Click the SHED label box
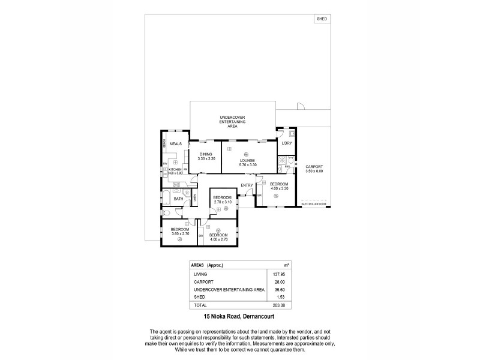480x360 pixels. click(322, 19)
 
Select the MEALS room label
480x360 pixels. click(176, 144)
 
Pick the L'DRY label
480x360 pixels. click(287, 143)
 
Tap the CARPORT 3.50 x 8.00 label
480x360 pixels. click(314, 169)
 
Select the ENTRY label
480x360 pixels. click(247, 185)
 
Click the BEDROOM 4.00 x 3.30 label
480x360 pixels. click(279, 186)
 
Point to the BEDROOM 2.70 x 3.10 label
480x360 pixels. click(223, 200)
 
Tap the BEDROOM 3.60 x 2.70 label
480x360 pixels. click(180, 232)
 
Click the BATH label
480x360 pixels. click(178, 199)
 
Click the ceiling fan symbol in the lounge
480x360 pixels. click(246, 154)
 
